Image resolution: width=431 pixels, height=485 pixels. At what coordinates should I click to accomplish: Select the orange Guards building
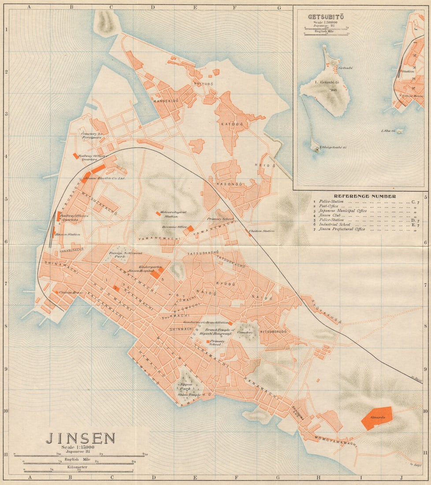pyautogui.click(x=377, y=417)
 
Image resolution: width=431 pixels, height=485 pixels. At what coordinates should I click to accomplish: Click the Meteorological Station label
pyautogui.click(x=173, y=214)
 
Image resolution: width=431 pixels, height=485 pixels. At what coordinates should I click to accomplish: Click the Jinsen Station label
pyautogui.click(x=68, y=235)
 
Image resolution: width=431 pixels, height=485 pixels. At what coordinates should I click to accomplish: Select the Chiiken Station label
pyautogui.click(x=262, y=231)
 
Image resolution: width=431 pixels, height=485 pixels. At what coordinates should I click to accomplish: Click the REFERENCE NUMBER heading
pyautogui.click(x=364, y=196)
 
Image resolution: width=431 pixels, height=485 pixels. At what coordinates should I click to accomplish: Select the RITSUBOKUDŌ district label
pyautogui.click(x=273, y=331)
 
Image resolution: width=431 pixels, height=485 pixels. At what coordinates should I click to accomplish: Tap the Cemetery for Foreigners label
pyautogui.click(x=92, y=135)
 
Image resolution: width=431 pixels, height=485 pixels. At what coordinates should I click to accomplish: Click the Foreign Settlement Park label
pyautogui.click(x=126, y=254)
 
